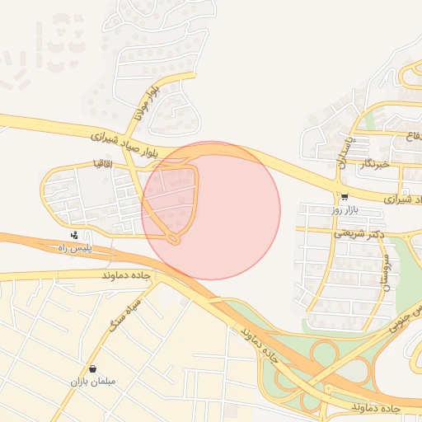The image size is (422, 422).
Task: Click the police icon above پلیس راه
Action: [74, 235]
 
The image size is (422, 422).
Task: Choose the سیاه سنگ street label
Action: [124, 313]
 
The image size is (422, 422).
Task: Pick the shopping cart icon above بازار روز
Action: [344, 198]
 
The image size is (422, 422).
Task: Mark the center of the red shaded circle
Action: [211, 211]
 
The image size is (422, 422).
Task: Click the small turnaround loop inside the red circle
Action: [173, 239]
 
